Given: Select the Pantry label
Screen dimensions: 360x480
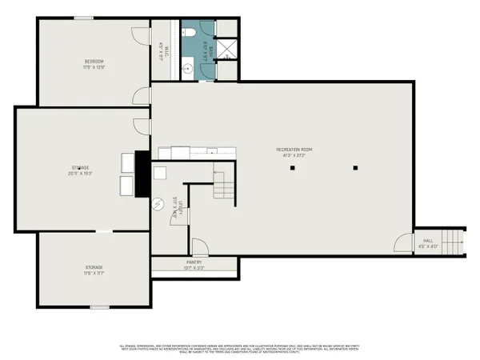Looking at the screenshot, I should click(x=194, y=262).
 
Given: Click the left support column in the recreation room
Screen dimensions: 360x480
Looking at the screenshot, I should click(x=293, y=168).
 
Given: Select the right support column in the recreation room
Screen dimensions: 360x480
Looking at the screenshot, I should click(x=355, y=167).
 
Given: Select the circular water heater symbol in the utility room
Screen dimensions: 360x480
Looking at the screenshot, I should click(x=158, y=202).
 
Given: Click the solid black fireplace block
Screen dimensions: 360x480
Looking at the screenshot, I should click(x=142, y=174).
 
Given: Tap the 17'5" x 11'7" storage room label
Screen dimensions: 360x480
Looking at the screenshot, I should click(x=94, y=268).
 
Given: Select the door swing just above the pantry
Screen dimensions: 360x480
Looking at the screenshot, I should click(x=198, y=248).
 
